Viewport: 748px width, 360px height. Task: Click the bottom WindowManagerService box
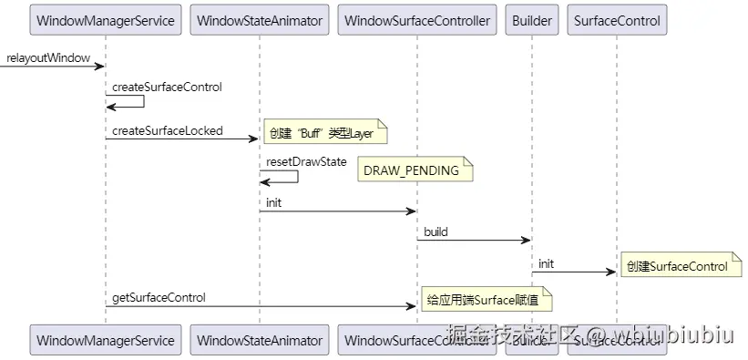tap(105, 341)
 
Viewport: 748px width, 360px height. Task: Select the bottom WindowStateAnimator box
tap(260, 341)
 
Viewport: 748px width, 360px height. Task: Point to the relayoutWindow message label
tap(47, 58)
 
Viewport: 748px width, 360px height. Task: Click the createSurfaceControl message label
tap(167, 87)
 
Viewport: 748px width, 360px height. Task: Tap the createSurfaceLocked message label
tap(167, 131)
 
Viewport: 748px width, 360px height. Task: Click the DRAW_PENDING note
tap(414, 170)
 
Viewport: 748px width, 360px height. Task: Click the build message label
tap(435, 232)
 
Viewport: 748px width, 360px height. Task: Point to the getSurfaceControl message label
tap(159, 297)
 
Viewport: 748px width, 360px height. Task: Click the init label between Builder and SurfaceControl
tap(545, 263)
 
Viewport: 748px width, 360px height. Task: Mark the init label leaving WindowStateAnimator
tap(274, 202)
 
